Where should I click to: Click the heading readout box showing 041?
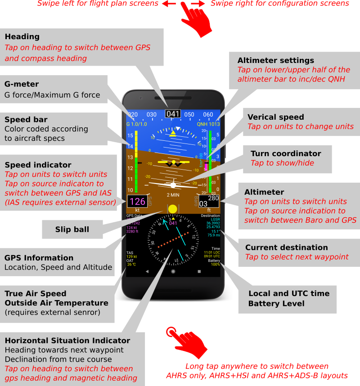click(x=173, y=114)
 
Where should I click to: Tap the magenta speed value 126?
click(x=137, y=202)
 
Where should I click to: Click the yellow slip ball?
click(x=173, y=209)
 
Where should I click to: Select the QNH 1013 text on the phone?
click(x=208, y=124)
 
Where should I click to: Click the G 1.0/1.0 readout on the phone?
click(x=137, y=124)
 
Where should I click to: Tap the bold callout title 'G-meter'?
click(x=22, y=84)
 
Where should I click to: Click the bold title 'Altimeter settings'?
click(x=276, y=60)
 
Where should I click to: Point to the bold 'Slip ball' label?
click(x=72, y=229)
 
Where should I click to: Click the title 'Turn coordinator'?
click(x=286, y=153)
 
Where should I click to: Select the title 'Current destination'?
click(x=286, y=247)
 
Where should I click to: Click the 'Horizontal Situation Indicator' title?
click(x=67, y=341)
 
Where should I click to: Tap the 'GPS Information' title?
click(x=39, y=258)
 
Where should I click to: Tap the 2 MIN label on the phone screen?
click(x=173, y=195)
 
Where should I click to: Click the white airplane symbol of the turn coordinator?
click(x=173, y=184)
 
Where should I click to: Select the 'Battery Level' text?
click(x=276, y=304)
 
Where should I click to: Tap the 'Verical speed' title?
click(x=275, y=117)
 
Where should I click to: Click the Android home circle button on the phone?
click(x=173, y=272)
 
